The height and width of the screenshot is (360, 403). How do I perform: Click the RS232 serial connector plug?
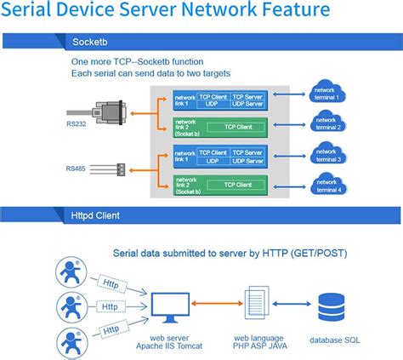(111, 112)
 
